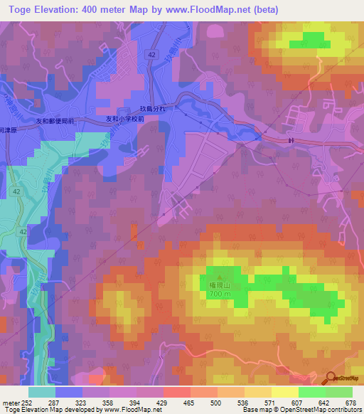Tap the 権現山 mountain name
(219, 285)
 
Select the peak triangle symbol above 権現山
(219, 277)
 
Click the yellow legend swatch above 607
(284, 392)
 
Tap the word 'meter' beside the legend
(10, 402)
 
